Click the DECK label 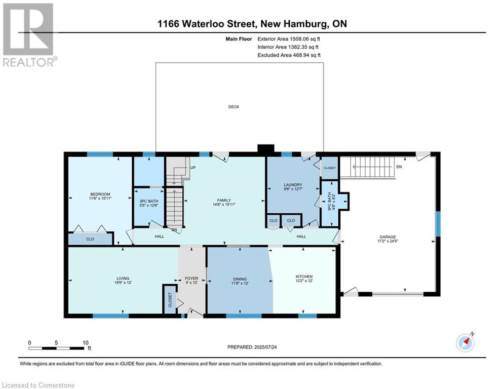pos(234,107)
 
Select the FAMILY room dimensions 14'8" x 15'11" pos(224,204)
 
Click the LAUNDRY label pos(293,185)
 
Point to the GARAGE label pos(387,237)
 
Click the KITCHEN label pos(304,277)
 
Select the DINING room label pos(240,279)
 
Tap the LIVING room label pos(123,278)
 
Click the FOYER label pos(191,279)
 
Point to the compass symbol pos(465,342)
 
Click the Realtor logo pos(28,35)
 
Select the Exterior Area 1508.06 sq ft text pos(289,38)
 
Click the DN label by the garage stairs pos(399,167)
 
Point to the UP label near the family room pos(192,168)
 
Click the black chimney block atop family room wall pos(265,149)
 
